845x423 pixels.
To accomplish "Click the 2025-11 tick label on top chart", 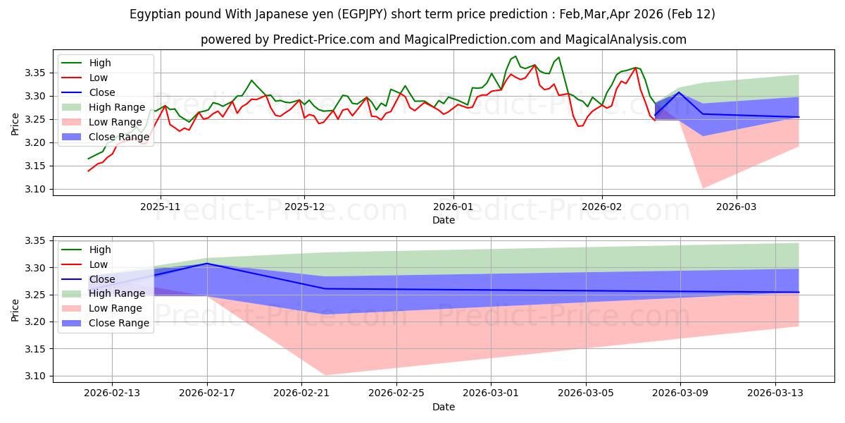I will (161, 207).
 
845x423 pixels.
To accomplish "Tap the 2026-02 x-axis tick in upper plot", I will (602, 207).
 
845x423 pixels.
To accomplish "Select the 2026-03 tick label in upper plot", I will (737, 207).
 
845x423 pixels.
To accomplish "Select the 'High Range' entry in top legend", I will (116, 107).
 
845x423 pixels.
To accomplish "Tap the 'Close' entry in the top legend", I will (103, 92).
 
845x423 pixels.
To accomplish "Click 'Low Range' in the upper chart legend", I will (115, 122).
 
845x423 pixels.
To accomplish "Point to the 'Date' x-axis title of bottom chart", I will (444, 407).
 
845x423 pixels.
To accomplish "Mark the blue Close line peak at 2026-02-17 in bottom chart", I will (207, 263).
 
